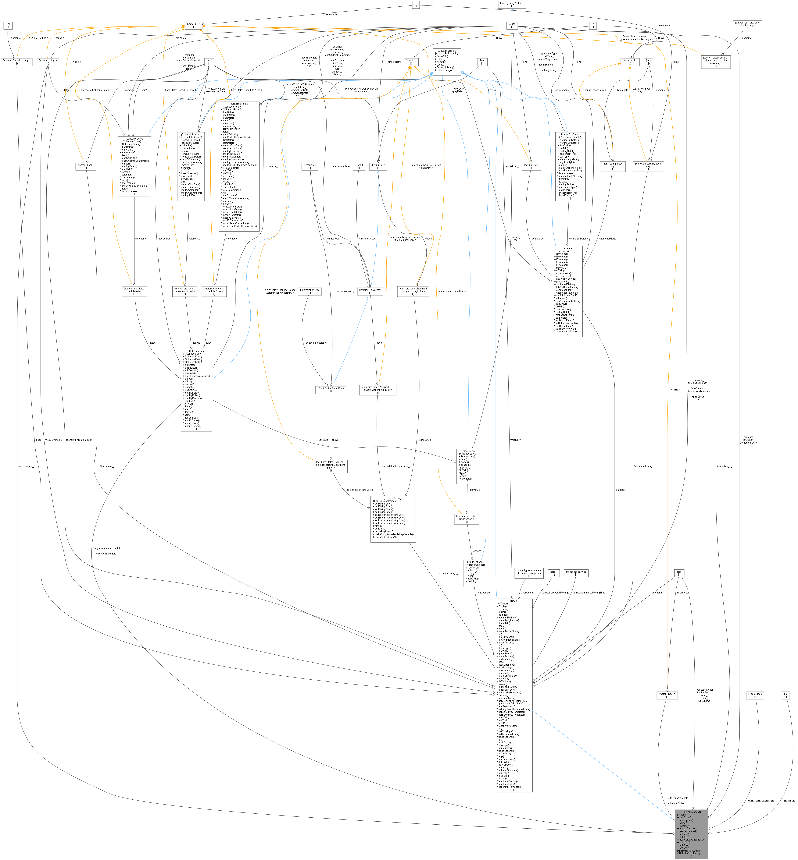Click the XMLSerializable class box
pyautogui.click(x=446, y=62)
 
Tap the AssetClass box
pyautogui.click(x=755, y=695)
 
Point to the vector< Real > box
pyautogui.click(x=667, y=695)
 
